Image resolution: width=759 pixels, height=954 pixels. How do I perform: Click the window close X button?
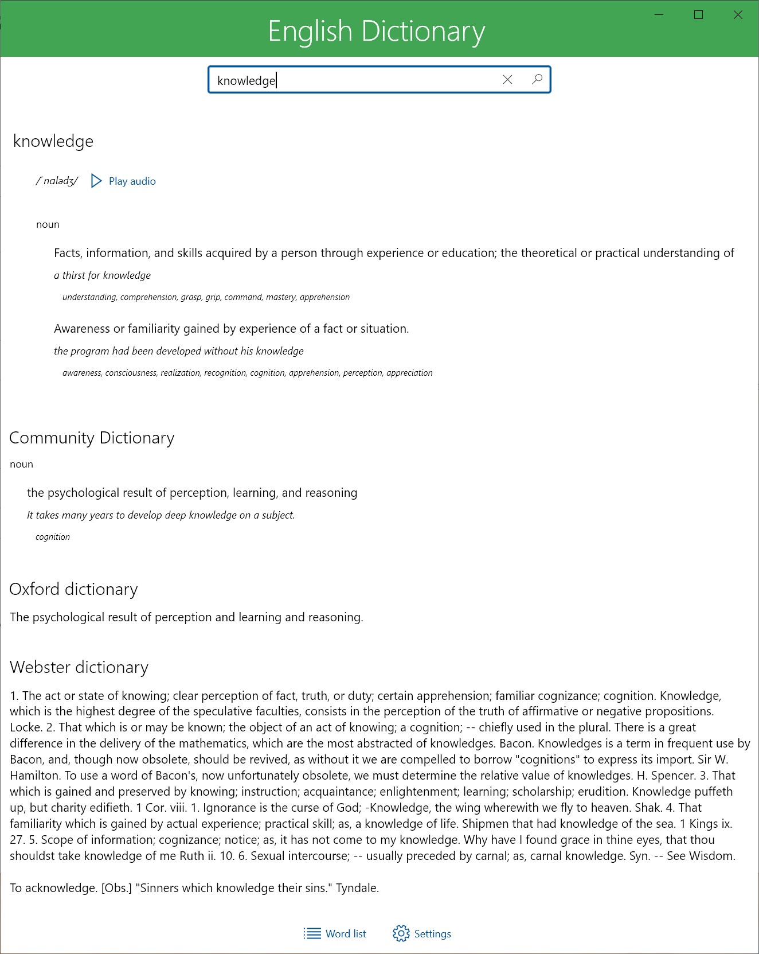point(738,15)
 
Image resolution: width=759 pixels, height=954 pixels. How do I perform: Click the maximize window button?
point(698,15)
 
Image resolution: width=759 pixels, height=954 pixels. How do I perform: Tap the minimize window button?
point(659,15)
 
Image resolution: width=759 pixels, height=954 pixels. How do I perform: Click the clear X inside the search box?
point(507,80)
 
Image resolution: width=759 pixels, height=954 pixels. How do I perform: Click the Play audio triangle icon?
point(96,181)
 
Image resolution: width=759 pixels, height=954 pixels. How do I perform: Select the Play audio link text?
point(132,181)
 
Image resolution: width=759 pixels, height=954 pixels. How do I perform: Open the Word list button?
point(335,933)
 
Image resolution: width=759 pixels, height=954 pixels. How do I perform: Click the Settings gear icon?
point(401,933)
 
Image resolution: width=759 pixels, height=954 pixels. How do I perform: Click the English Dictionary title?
point(376,31)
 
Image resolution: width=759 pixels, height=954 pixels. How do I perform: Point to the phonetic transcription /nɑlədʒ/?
point(57,181)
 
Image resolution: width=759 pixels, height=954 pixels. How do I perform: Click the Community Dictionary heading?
point(92,438)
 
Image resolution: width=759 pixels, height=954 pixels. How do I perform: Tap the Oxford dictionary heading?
point(73,589)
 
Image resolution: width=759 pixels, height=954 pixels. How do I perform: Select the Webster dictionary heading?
point(79,667)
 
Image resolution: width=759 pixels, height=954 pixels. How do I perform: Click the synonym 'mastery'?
point(281,297)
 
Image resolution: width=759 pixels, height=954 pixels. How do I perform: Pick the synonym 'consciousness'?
point(131,373)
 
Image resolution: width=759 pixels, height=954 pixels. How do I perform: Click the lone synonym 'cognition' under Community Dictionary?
point(53,537)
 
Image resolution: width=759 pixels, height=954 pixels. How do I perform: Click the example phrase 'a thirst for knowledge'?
point(102,275)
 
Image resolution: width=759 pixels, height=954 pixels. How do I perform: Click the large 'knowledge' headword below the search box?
point(53,141)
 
